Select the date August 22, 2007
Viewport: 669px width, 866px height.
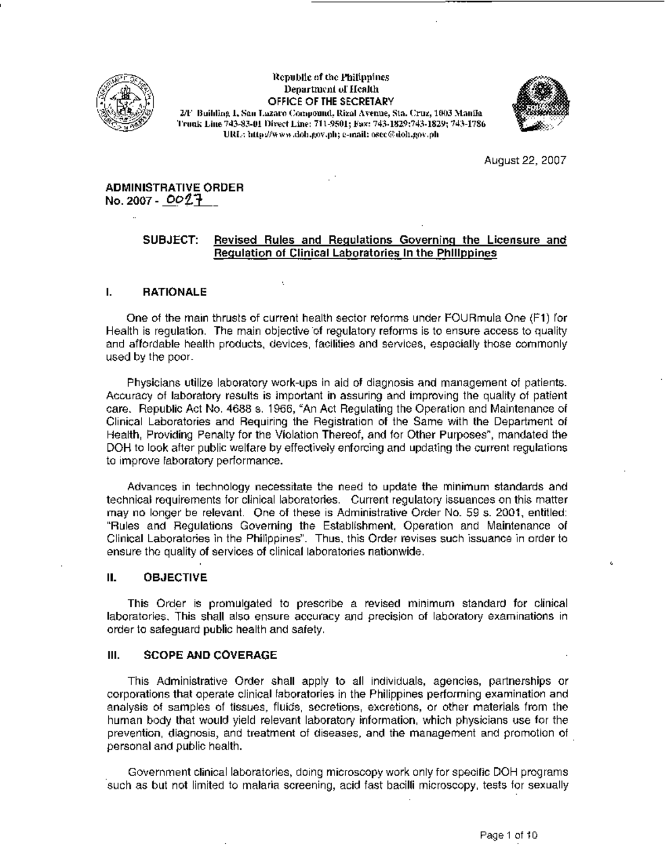pyautogui.click(x=525, y=161)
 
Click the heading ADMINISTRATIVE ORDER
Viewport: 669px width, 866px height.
pyautogui.click(x=174, y=188)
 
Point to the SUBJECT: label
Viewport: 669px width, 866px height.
pyautogui.click(x=171, y=240)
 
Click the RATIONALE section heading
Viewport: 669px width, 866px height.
pyautogui.click(x=175, y=292)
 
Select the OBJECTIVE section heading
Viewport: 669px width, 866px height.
pyautogui.click(x=175, y=577)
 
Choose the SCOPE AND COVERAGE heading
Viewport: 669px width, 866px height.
pyautogui.click(x=210, y=655)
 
